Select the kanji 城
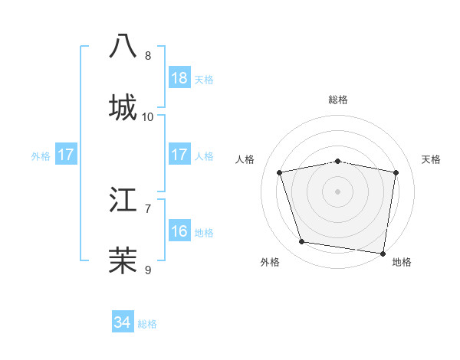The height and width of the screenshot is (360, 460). (x=123, y=106)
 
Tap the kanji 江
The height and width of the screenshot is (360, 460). (x=123, y=201)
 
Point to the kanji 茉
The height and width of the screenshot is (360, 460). (x=123, y=259)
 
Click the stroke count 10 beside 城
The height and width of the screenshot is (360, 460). (x=148, y=117)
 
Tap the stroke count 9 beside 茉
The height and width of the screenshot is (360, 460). (x=148, y=269)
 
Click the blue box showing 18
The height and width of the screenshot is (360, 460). (x=179, y=78)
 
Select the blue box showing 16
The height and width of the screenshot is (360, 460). (x=179, y=231)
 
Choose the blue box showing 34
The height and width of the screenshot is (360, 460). (x=123, y=322)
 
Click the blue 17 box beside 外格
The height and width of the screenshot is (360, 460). (x=66, y=155)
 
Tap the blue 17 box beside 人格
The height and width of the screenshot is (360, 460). (x=179, y=155)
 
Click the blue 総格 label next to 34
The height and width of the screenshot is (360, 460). (x=147, y=324)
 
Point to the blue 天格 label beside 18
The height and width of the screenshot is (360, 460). (x=204, y=80)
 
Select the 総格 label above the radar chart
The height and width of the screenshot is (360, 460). (x=338, y=100)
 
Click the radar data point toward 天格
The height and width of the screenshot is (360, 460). (x=396, y=172)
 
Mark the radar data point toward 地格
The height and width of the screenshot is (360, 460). (x=382, y=252)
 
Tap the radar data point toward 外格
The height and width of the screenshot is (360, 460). (x=302, y=242)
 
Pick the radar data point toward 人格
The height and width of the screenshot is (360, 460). (x=280, y=172)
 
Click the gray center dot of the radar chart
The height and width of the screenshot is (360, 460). (x=338, y=191)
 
